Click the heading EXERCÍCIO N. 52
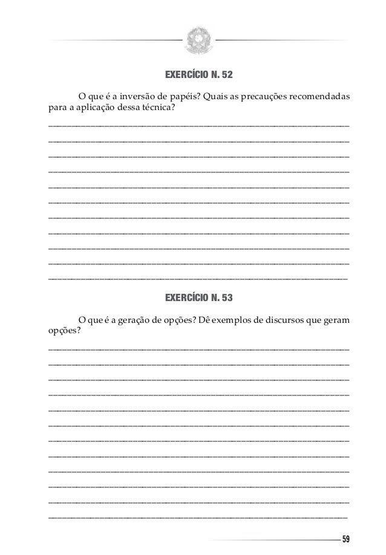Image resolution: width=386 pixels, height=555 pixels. (198, 76)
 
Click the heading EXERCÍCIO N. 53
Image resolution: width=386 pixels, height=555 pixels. (198, 298)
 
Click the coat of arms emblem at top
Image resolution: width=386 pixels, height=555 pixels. (198, 39)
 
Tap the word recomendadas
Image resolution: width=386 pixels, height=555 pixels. (320, 97)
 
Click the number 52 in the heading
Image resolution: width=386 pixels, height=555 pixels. (226, 76)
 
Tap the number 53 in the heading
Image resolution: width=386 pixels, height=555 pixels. (226, 298)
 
